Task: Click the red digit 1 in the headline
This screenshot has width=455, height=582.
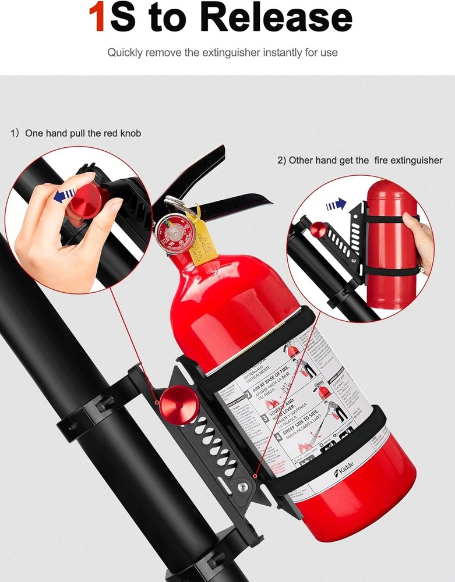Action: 98,17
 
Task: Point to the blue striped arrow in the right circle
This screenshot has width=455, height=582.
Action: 336,204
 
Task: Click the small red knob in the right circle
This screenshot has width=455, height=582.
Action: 318,229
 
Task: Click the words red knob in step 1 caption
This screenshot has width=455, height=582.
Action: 122,133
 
